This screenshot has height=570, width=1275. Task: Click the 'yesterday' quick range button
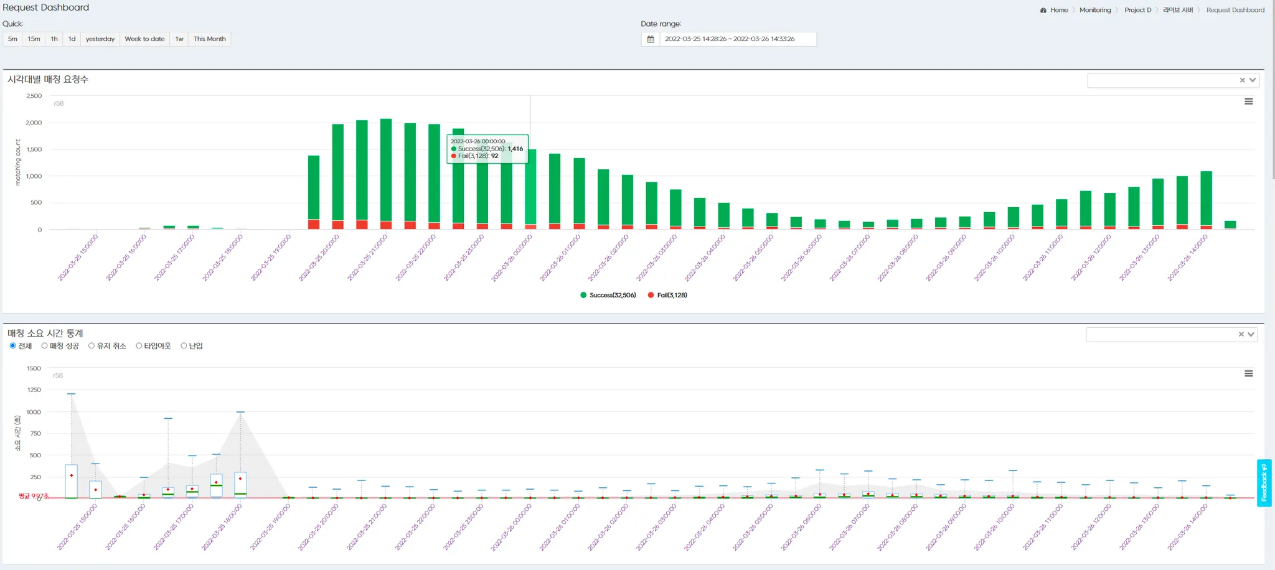(x=100, y=39)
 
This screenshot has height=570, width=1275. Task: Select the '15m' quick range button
(x=34, y=39)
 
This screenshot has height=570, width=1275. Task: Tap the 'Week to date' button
(x=144, y=39)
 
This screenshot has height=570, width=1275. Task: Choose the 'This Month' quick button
(x=209, y=39)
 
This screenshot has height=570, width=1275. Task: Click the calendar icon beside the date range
(x=651, y=39)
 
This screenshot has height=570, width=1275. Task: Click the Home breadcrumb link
(x=1058, y=10)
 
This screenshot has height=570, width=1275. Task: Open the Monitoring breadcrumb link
(x=1095, y=10)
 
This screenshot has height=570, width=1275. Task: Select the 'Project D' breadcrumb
(x=1137, y=10)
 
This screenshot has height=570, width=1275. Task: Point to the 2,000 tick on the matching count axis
(x=34, y=123)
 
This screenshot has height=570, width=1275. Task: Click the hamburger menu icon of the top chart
(x=1248, y=101)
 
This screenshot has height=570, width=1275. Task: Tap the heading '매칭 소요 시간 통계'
(x=45, y=334)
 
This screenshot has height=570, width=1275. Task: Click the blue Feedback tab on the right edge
(x=1264, y=483)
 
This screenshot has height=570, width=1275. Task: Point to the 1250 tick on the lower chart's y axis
(x=34, y=390)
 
